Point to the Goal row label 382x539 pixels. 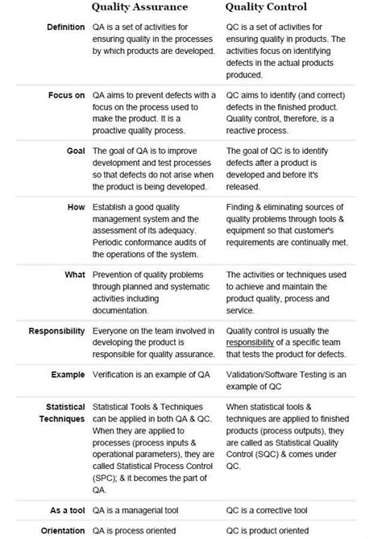(x=75, y=151)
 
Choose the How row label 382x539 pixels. (x=76, y=207)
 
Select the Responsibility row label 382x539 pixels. (x=56, y=331)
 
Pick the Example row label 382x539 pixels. (x=68, y=375)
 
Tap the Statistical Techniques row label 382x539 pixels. (x=62, y=413)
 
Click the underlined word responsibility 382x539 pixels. (x=256, y=342)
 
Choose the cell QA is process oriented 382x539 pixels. (x=139, y=530)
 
